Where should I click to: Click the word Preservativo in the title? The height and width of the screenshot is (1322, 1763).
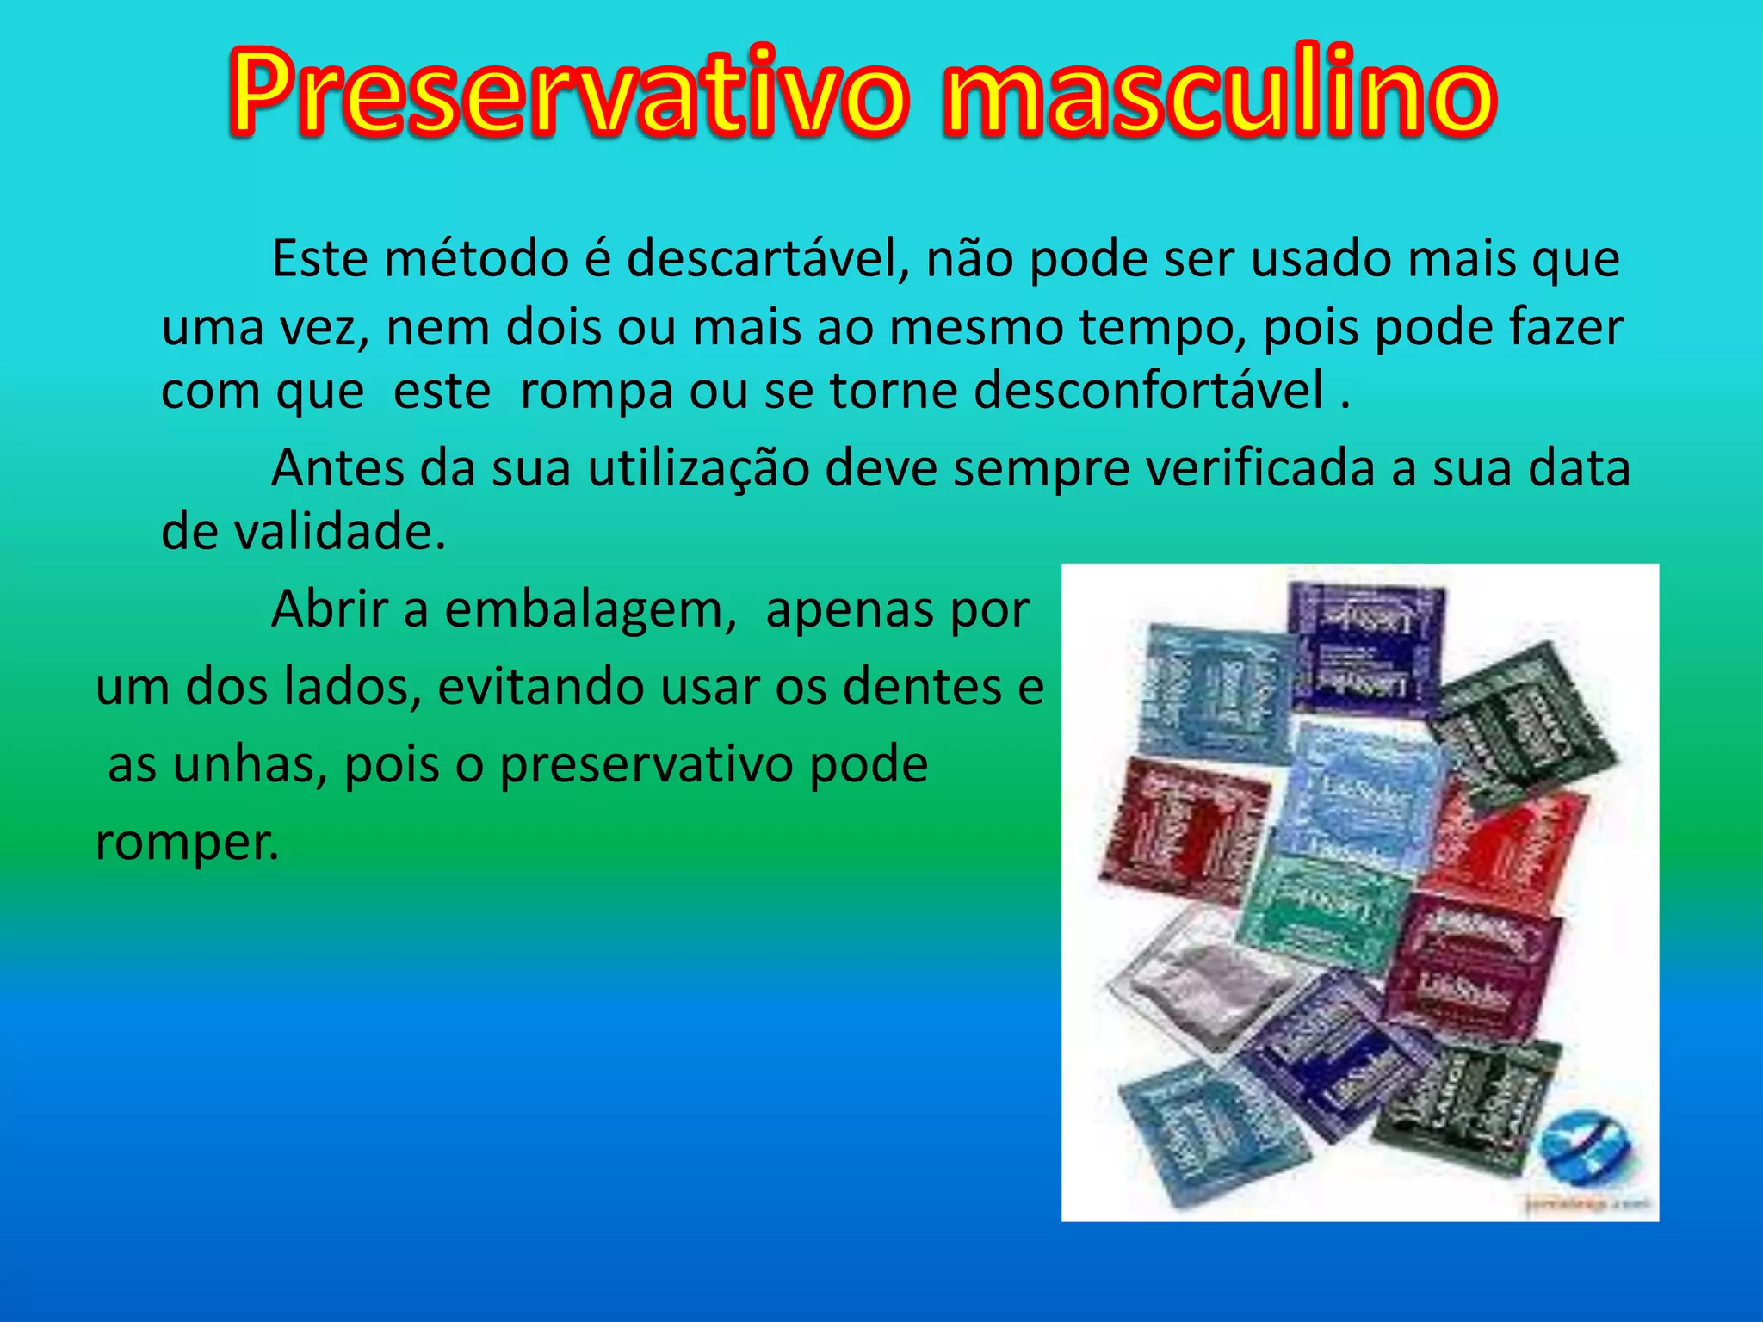(x=568, y=93)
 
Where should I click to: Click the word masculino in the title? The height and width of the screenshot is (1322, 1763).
(x=1219, y=93)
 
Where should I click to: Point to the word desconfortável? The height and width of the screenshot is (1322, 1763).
(x=1148, y=390)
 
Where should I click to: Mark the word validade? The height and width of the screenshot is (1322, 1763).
(x=339, y=531)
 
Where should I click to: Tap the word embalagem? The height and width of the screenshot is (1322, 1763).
(x=590, y=609)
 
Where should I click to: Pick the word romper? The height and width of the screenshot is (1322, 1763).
(x=187, y=841)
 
